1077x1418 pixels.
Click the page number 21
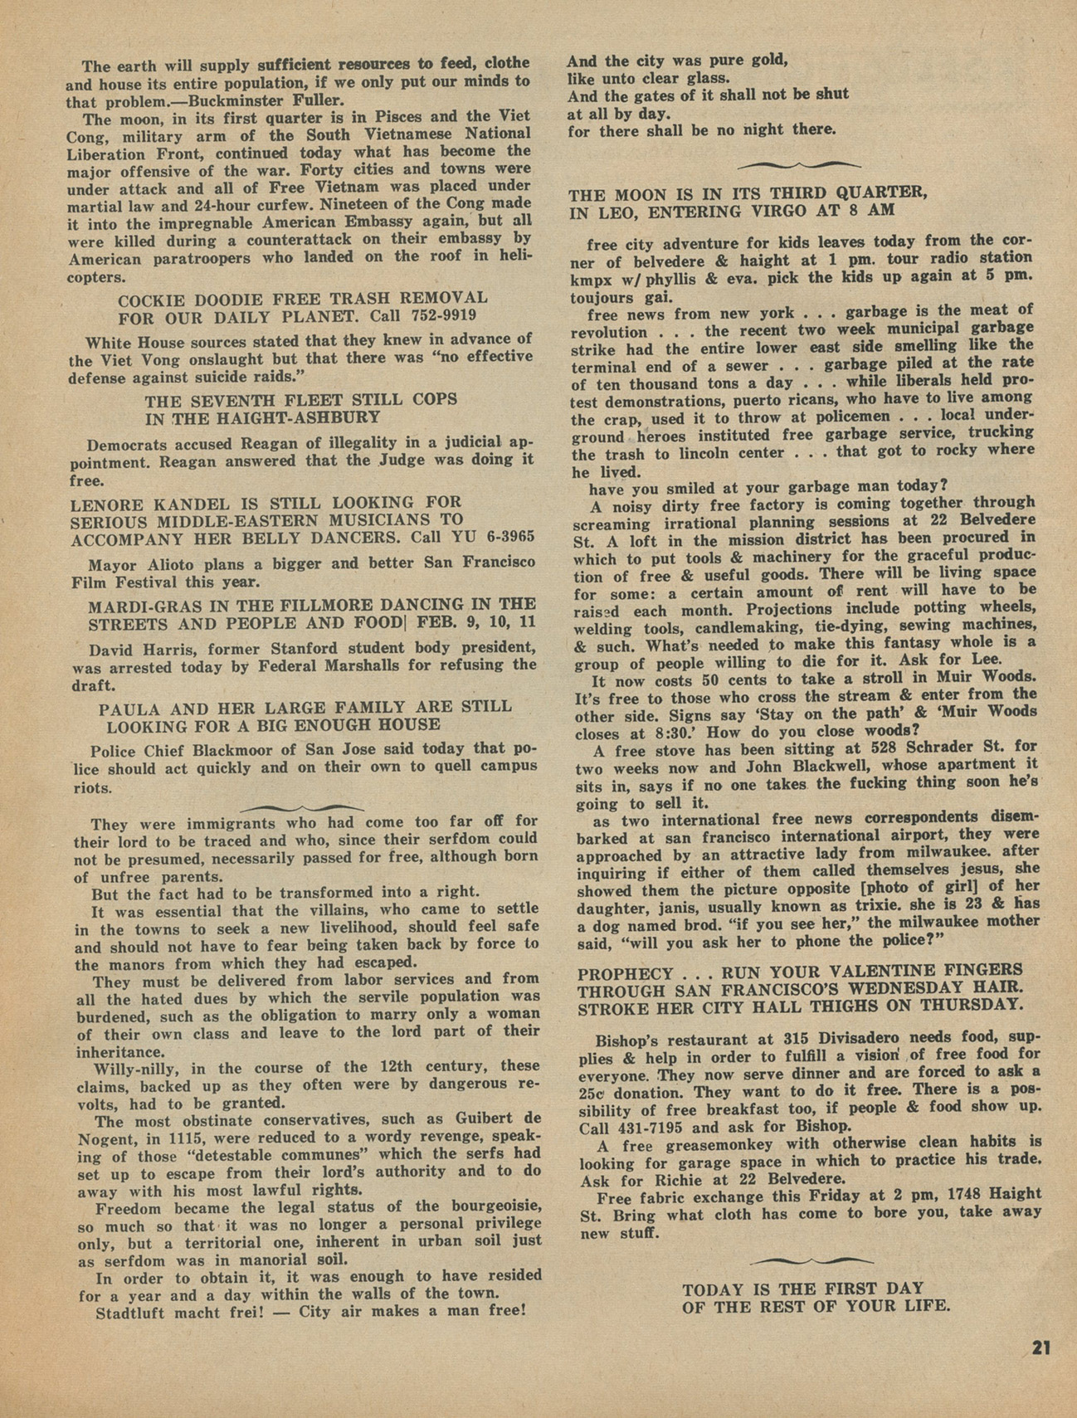pos(1041,1347)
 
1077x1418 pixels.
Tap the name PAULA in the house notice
pos(125,708)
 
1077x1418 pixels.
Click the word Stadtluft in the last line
pos(135,1313)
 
